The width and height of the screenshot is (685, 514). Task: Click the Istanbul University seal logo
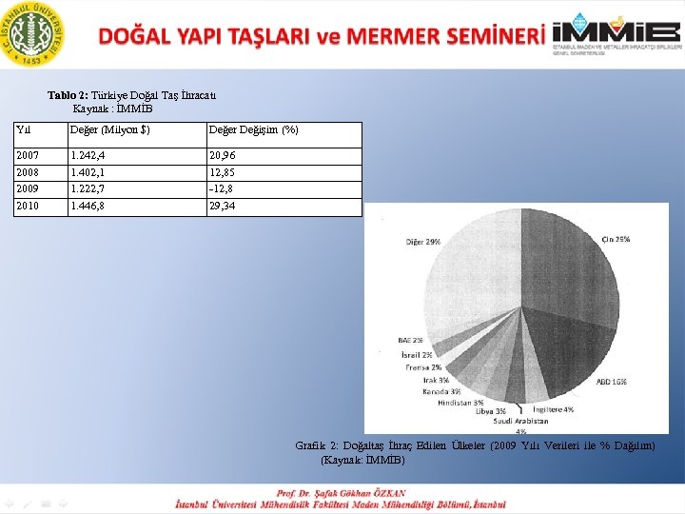(34, 32)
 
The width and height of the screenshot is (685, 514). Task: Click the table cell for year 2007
(28, 155)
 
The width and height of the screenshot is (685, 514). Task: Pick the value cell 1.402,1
(88, 172)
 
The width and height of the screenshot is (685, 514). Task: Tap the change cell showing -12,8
(223, 189)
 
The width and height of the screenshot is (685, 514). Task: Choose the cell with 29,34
(223, 206)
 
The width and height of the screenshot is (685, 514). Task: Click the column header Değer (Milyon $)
(109, 129)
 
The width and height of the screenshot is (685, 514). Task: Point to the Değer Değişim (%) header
(253, 129)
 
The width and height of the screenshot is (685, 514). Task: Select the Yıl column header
(25, 129)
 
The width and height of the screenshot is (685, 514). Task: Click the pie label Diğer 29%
(423, 242)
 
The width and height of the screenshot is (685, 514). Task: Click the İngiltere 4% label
(553, 409)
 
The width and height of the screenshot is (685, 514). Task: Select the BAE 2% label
(411, 340)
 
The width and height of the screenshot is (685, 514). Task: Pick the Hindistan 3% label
(460, 402)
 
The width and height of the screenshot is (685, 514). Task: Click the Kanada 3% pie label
(442, 390)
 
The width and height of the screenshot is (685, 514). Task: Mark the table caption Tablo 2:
(68, 95)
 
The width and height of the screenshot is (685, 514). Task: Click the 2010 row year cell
(28, 206)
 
